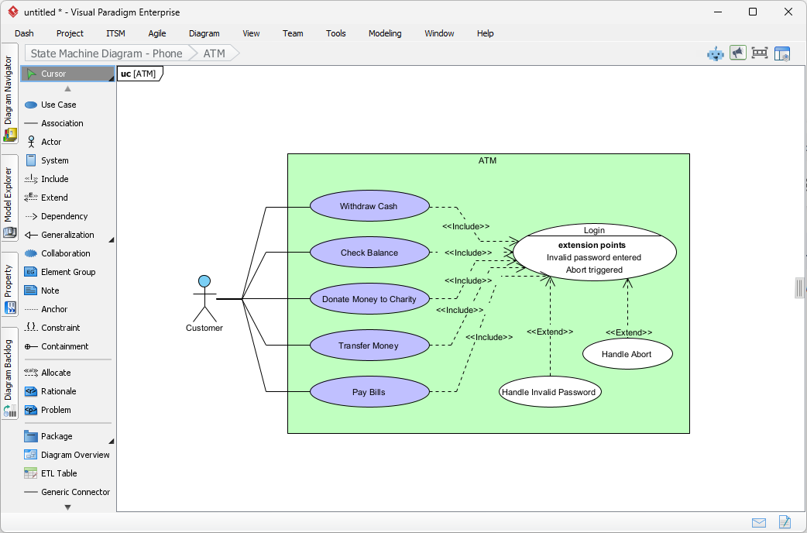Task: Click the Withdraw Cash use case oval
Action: pos(369,207)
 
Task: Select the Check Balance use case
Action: pos(369,253)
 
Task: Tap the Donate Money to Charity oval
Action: pos(369,299)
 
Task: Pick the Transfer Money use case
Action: pos(369,346)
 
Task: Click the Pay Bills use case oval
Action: pos(369,392)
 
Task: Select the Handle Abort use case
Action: pos(627,354)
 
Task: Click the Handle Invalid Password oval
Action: pos(549,392)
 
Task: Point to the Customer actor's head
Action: pos(204,281)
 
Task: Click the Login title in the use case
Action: pos(594,230)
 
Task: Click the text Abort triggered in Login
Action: pos(594,270)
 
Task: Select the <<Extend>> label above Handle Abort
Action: pos(628,332)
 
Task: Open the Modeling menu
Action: pos(385,33)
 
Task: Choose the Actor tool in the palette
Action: pos(51,142)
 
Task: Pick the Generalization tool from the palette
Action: pos(67,235)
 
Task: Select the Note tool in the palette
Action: pos(50,291)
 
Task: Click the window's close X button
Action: pos(788,12)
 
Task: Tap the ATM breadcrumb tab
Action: pos(214,53)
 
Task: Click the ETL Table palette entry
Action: pos(59,473)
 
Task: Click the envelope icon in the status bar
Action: pos(758,522)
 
